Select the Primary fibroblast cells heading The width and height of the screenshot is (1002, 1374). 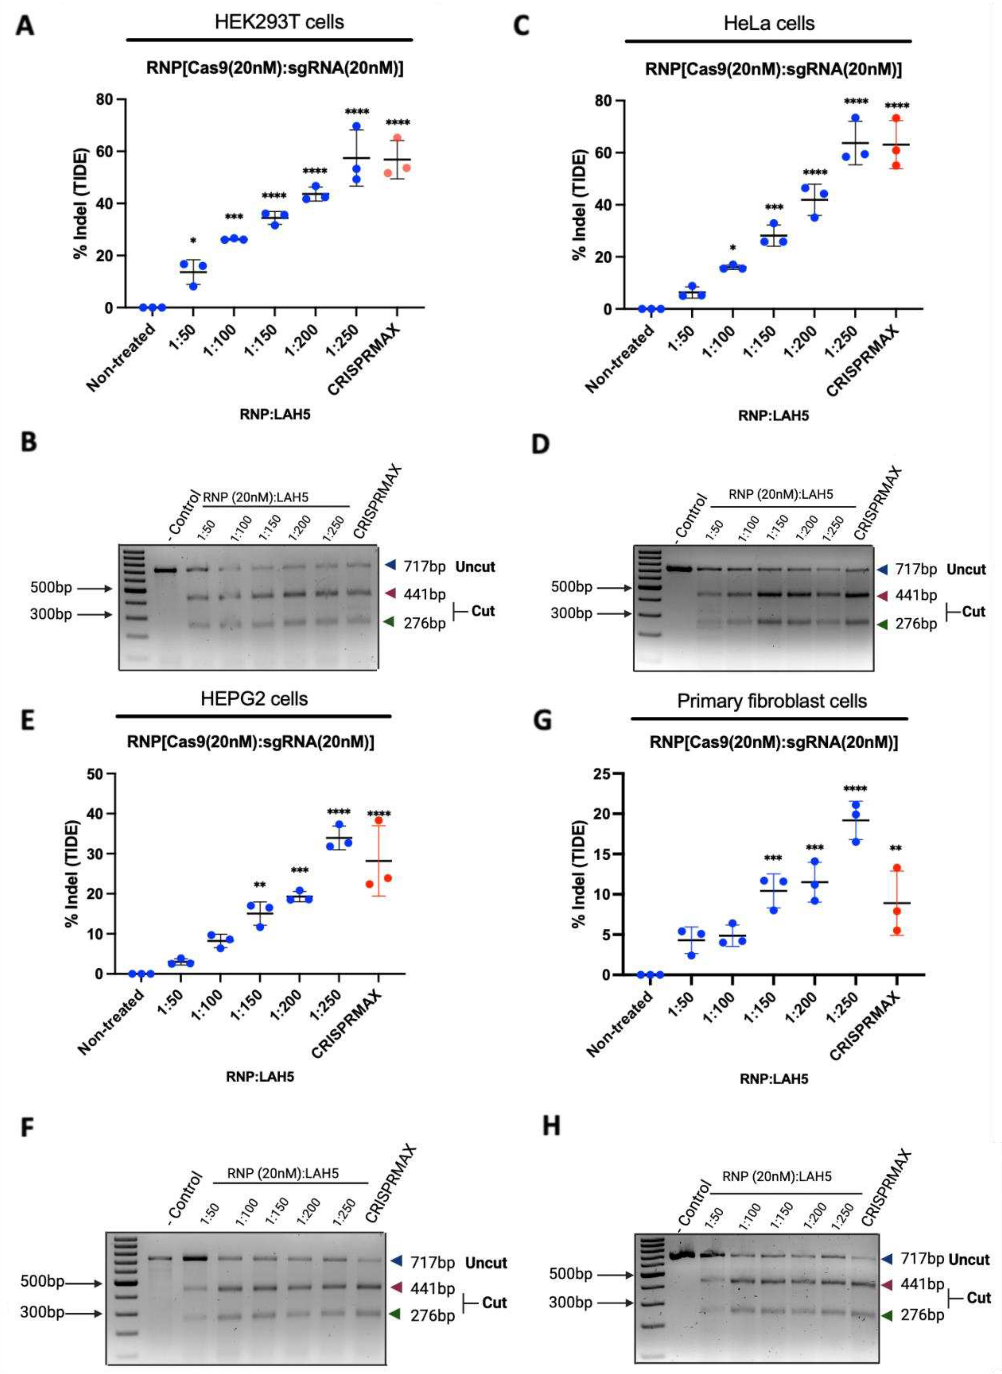772,701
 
